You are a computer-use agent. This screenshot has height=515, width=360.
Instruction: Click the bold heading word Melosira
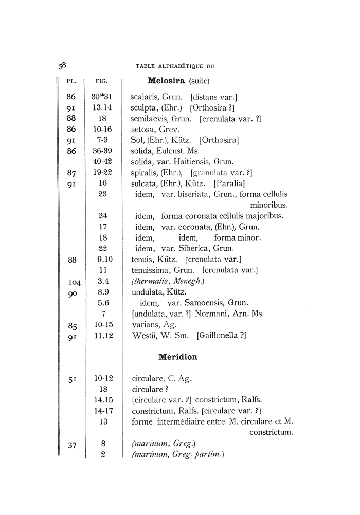tap(166, 81)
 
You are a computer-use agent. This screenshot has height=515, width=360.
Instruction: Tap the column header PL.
tap(72, 81)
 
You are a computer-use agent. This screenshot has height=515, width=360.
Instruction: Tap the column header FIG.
tap(101, 81)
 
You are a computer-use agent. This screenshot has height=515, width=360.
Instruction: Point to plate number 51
tap(72, 380)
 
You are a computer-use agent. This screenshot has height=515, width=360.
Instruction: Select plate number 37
tap(72, 445)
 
